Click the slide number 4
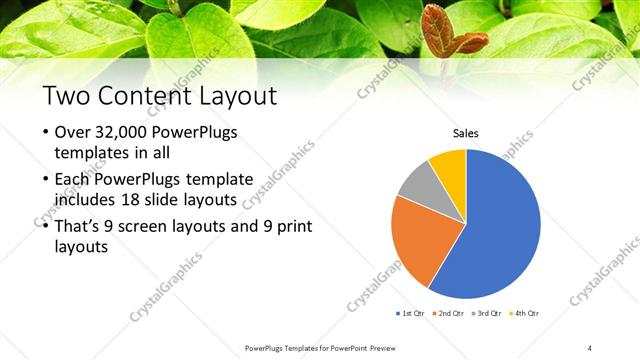[590, 347]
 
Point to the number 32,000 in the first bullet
[129, 133]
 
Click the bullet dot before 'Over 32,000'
[46, 134]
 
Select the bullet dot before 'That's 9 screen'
[46, 226]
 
